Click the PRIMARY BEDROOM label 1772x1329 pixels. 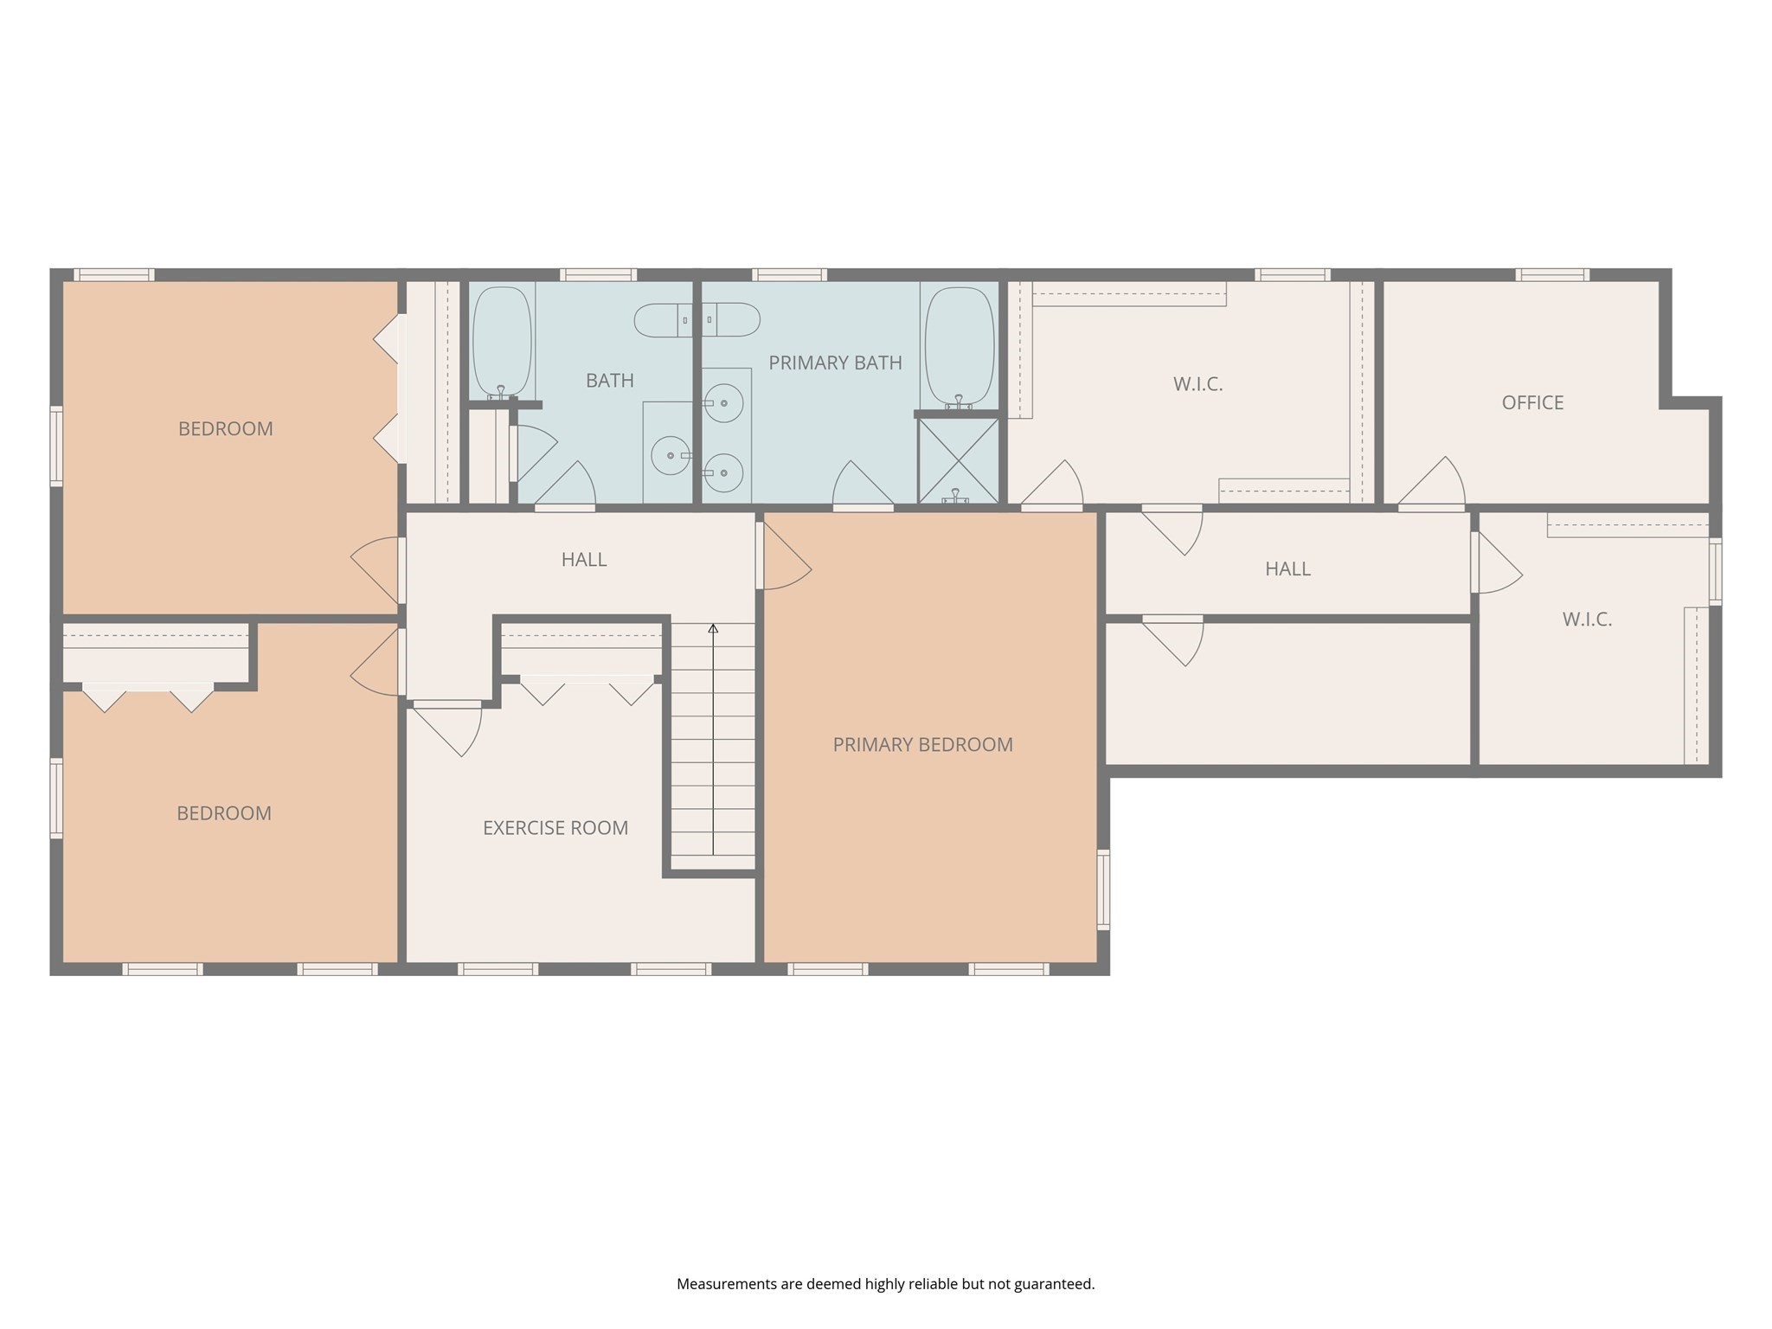922,744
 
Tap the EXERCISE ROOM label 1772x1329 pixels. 555,828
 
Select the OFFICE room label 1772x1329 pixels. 1532,402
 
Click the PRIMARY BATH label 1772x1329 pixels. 835,363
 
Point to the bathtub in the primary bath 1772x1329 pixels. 959,346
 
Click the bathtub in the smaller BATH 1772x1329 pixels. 501,342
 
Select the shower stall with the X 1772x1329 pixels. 958,460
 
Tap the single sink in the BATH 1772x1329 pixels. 671,455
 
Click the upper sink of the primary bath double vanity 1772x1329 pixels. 723,403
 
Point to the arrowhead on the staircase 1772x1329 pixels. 713,628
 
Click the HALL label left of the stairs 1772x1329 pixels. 584,560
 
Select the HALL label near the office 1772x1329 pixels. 1287,568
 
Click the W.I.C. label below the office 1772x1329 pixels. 1587,620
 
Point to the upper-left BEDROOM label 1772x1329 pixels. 226,429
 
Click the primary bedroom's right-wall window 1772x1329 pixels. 1103,889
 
